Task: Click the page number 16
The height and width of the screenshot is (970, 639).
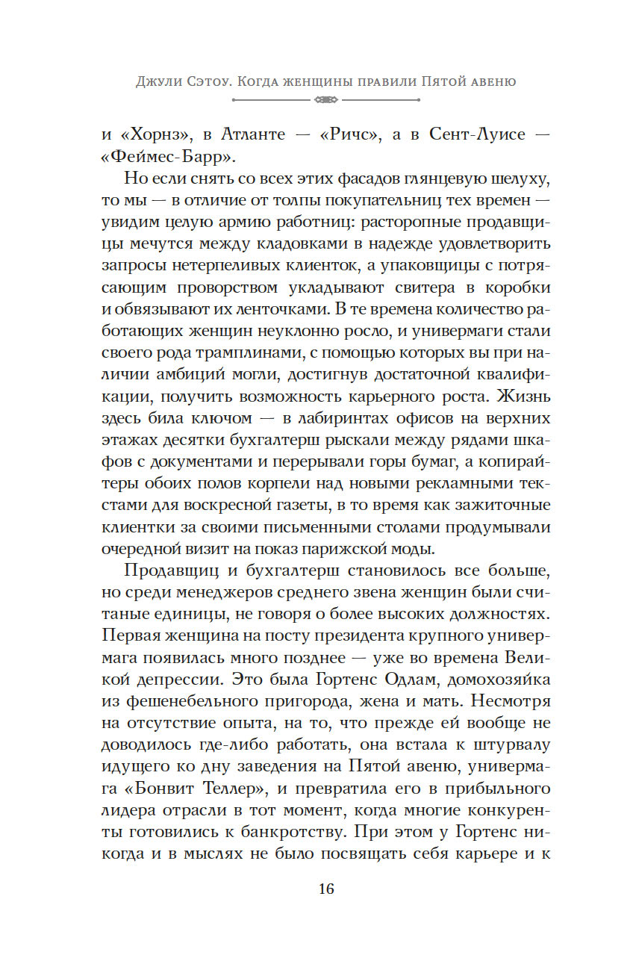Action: click(x=326, y=889)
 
